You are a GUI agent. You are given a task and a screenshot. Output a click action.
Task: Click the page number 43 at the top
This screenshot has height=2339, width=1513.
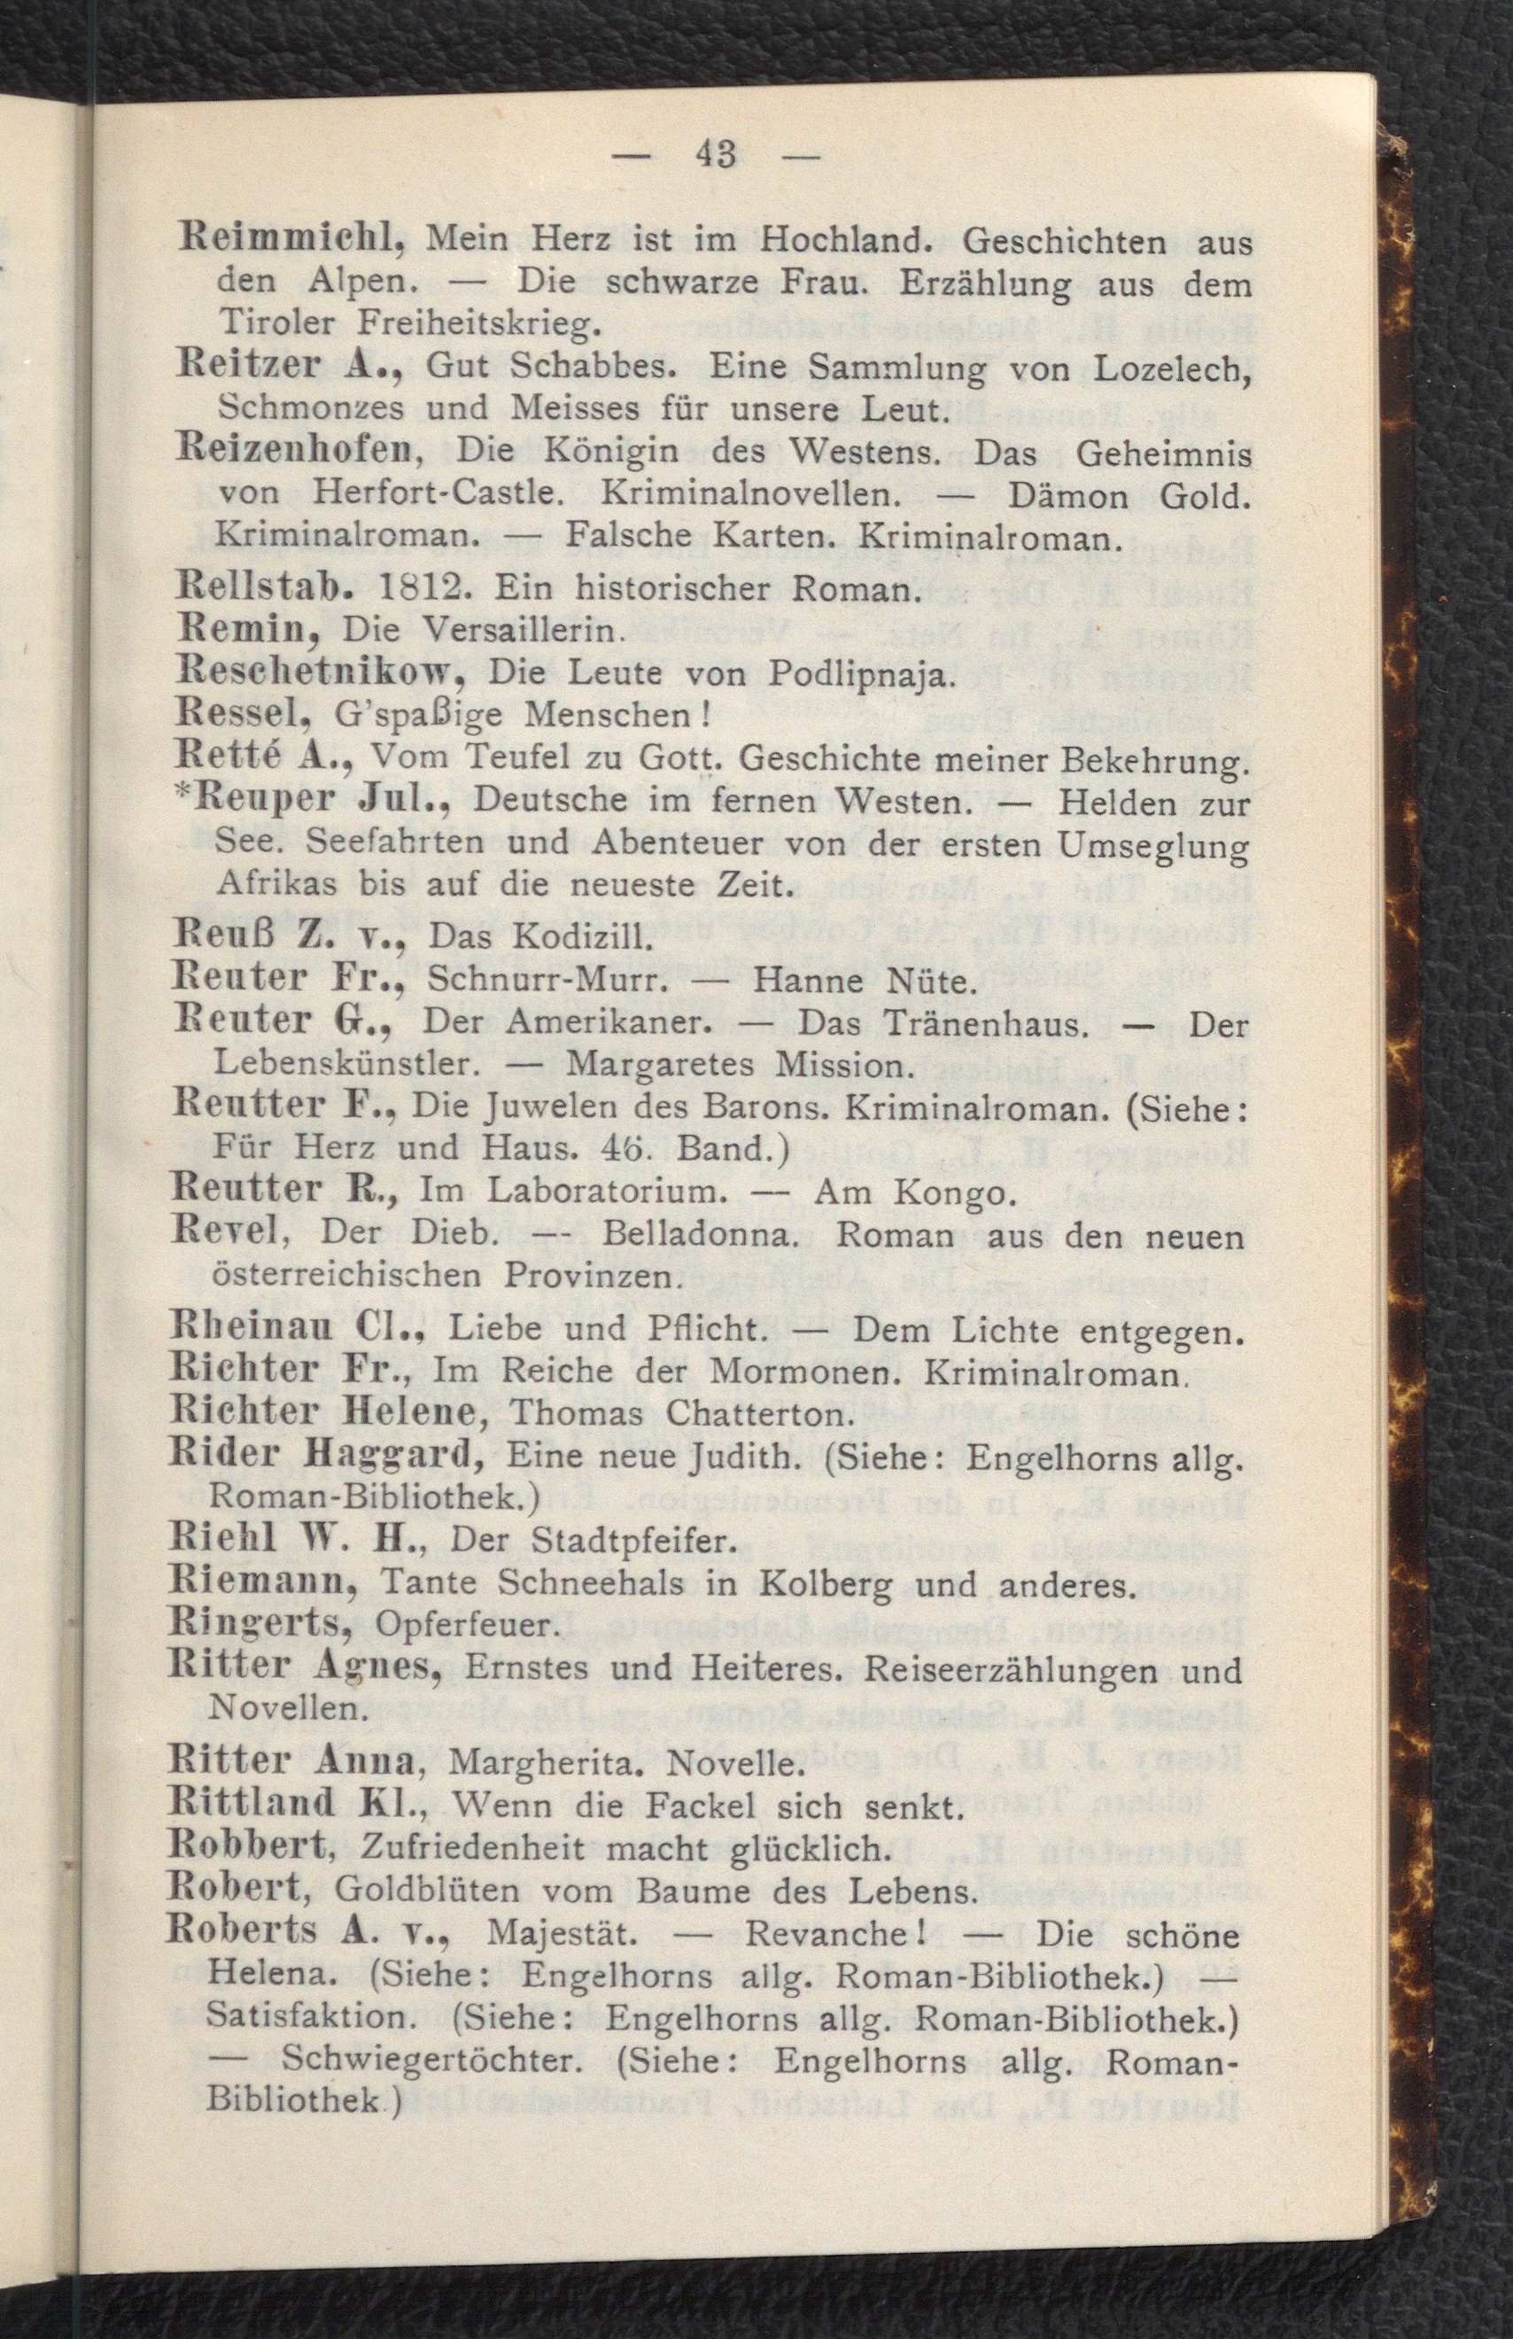coord(714,154)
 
